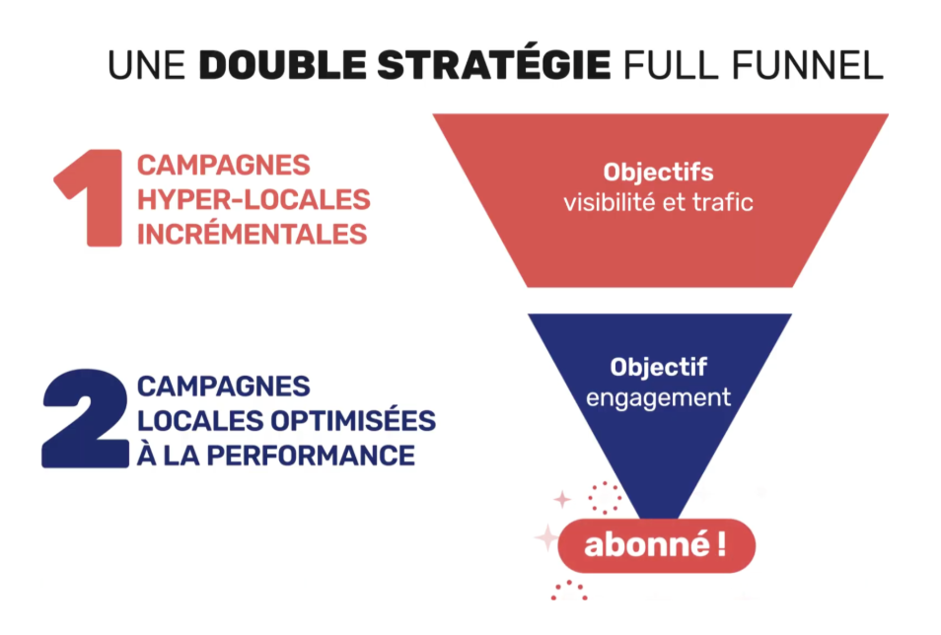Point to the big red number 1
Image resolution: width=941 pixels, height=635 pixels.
click(x=89, y=197)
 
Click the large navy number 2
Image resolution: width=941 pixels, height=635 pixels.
click(x=85, y=419)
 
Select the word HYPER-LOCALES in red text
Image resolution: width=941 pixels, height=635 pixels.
click(x=253, y=199)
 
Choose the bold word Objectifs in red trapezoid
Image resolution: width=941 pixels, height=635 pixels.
click(x=658, y=173)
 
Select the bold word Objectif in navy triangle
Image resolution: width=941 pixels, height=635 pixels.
click(x=658, y=367)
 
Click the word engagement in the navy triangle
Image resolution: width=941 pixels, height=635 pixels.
click(x=658, y=397)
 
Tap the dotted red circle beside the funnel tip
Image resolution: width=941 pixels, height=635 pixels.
click(x=604, y=497)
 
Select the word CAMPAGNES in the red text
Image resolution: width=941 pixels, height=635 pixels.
click(x=223, y=165)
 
